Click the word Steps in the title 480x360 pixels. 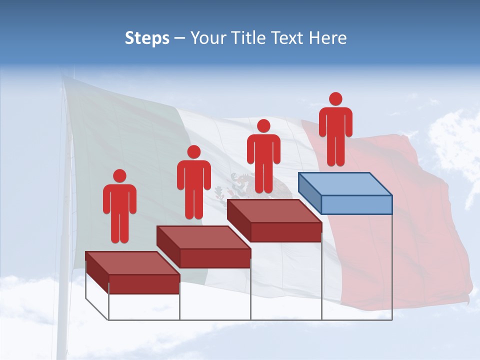tap(147, 38)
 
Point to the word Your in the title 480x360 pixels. tap(203, 38)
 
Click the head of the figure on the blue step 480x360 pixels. tap(335, 99)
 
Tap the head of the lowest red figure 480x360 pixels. tap(119, 176)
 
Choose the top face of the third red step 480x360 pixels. tap(274, 210)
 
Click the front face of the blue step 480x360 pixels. tap(356, 204)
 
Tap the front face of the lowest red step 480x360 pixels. tap(144, 284)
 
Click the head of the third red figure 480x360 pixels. tap(263, 125)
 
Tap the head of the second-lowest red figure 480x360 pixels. tap(193, 152)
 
